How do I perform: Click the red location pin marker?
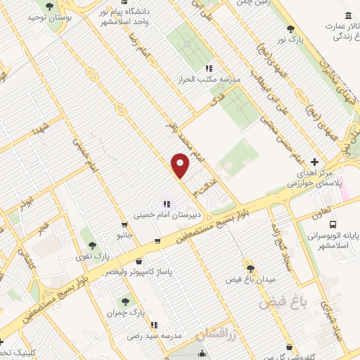point(181,166)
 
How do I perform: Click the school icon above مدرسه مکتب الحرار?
point(209,68)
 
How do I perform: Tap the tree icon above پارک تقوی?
point(92,245)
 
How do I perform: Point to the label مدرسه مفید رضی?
point(149,336)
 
